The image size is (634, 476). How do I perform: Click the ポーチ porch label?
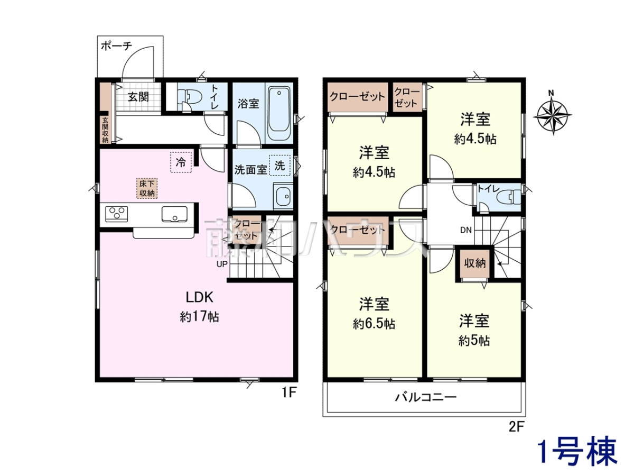coord(116,45)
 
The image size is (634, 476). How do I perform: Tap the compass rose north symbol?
coord(552,114)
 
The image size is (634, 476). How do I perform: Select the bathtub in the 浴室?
coord(279,113)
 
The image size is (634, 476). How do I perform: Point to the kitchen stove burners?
coord(116,214)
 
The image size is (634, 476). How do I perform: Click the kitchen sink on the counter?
coord(174,214)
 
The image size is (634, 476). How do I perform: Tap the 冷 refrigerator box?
coord(181,162)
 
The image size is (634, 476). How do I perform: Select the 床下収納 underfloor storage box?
coord(147,188)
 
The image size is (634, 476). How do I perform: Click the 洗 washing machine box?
coord(279,166)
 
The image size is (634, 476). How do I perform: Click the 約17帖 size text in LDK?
coord(199,317)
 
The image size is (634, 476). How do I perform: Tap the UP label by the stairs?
coord(222,264)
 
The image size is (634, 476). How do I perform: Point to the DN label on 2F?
coord(465,230)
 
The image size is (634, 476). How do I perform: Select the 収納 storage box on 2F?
coord(475,263)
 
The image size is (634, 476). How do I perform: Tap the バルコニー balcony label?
coord(425,397)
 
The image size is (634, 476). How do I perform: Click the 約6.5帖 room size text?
coord(374,324)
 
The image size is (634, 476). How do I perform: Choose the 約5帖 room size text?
coord(474,341)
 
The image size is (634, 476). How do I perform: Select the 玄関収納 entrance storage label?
coord(105,130)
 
